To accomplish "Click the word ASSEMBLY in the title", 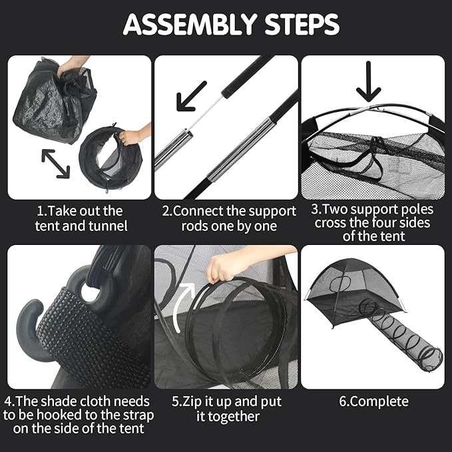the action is click(190, 25).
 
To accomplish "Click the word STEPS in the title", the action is click(302, 25).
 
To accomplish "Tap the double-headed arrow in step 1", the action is click(56, 164).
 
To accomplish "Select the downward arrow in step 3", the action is click(368, 82).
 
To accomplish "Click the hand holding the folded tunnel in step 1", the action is click(132, 135).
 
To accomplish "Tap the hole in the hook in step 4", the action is click(91, 290).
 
